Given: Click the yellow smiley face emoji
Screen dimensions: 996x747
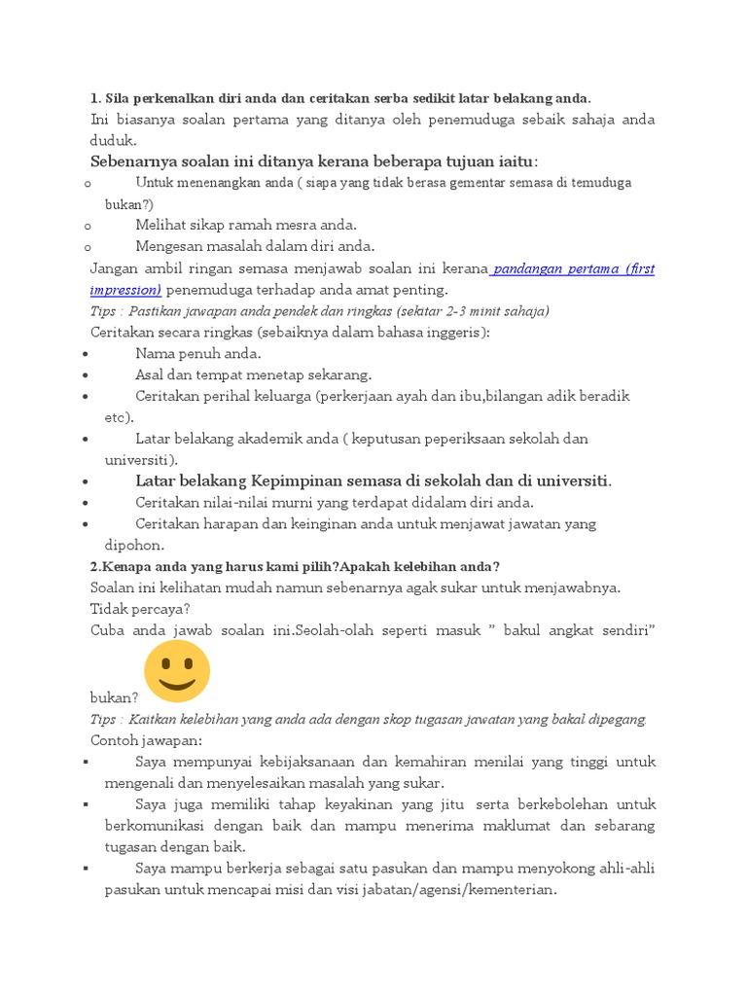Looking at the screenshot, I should click(x=177, y=670).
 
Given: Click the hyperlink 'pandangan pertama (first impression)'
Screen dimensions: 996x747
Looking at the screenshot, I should click(x=574, y=268).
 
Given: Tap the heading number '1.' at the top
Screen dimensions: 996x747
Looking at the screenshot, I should click(x=95, y=98).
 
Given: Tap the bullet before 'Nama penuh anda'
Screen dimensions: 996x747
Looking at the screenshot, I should click(x=88, y=354).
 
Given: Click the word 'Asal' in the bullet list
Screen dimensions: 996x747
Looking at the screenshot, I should click(x=152, y=374).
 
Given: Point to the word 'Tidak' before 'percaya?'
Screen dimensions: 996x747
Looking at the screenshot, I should click(x=108, y=609).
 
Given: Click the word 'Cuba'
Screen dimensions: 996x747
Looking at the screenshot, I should click(x=108, y=630).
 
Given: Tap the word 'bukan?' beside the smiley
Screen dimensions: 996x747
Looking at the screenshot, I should click(x=114, y=697).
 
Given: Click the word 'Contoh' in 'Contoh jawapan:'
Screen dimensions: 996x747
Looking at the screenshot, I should click(x=116, y=740).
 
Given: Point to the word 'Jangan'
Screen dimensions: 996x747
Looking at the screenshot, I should click(x=114, y=268).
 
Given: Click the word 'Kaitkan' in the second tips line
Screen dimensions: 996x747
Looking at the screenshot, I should click(x=156, y=719).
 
